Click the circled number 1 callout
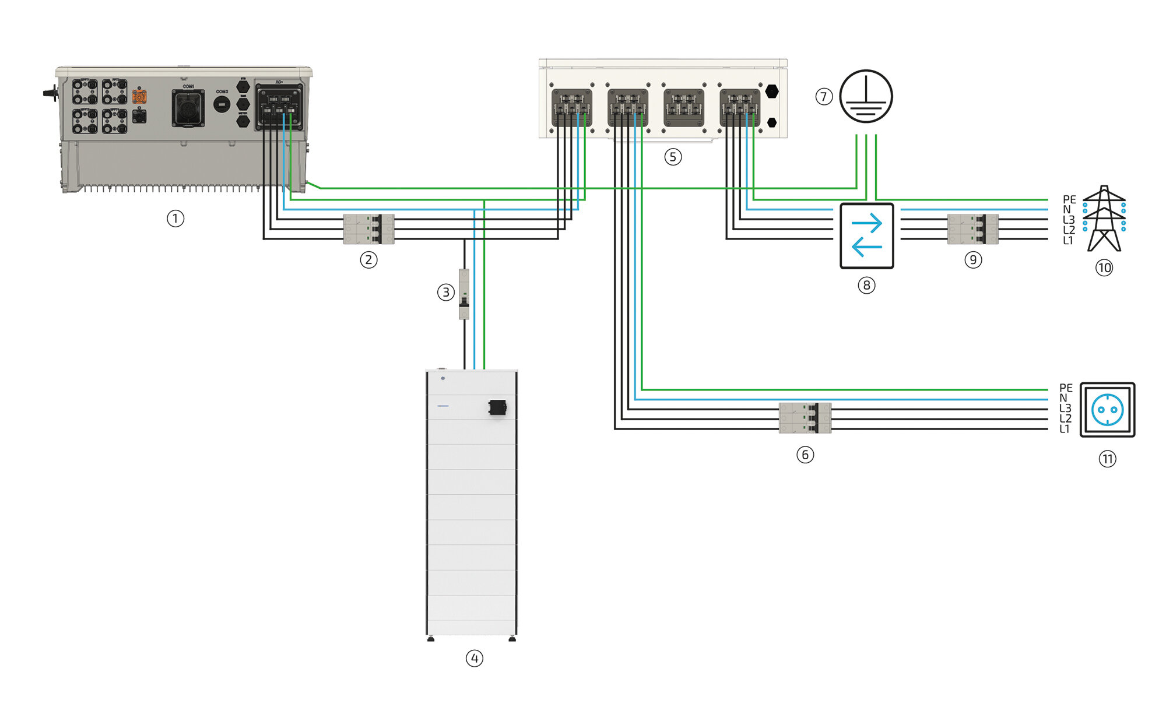pos(175,219)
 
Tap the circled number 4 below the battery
pos(475,658)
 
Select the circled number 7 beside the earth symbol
pos(824,96)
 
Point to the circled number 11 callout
pos(1108,459)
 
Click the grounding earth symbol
pos(866,96)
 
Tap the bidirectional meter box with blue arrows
pos(866,235)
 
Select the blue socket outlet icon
pos(1107,409)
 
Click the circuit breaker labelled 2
pos(368,229)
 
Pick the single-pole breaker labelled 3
pos(464,294)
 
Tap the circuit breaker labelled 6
pos(805,418)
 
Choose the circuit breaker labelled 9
pos(972,229)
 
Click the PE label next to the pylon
pos(1069,199)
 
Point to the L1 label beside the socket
pos(1065,430)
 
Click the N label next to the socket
pos(1063,398)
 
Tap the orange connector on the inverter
pos(139,96)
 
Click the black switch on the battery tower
pos(497,407)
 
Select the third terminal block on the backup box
pos(684,107)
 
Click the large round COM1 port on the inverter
pos(188,108)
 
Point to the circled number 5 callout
pos(673,157)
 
